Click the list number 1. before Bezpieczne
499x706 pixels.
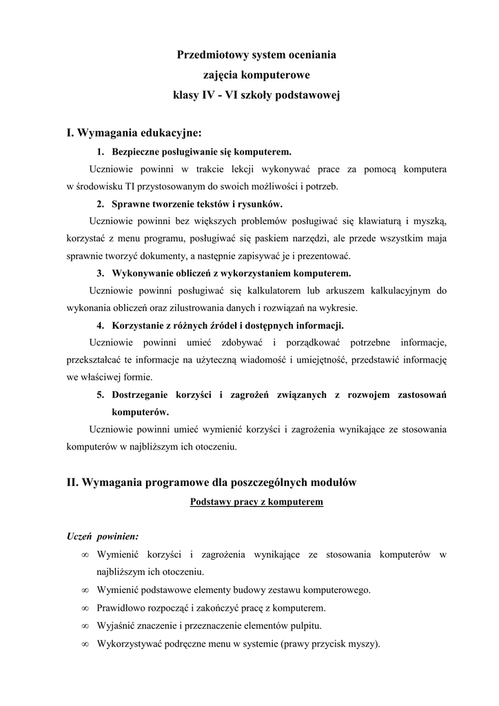(x=101, y=151)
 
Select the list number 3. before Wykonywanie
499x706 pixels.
(x=101, y=273)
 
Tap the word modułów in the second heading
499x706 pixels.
(x=332, y=483)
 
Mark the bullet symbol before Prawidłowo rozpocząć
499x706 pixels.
(x=85, y=608)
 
